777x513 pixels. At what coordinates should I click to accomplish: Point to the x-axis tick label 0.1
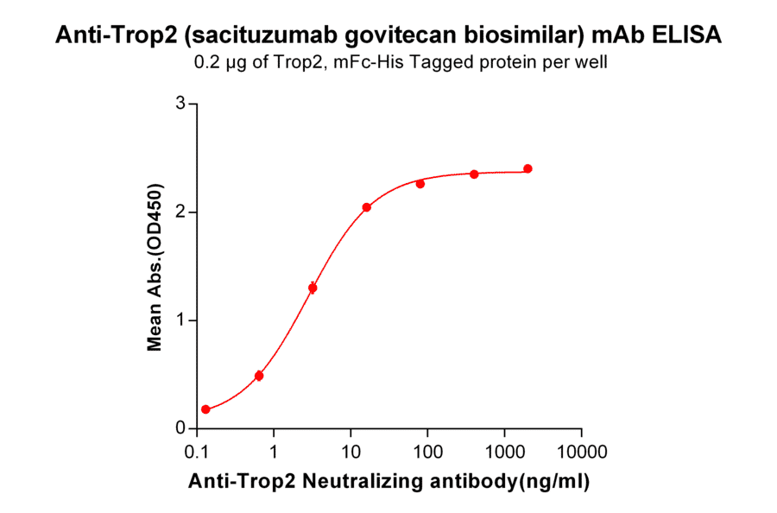198,453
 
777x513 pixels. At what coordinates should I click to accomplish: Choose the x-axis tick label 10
351,453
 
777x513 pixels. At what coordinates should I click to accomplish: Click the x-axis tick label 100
427,453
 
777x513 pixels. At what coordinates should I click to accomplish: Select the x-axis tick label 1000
504,453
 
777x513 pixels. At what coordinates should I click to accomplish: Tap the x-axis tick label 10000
581,453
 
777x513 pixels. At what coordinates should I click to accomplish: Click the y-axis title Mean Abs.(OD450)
155,267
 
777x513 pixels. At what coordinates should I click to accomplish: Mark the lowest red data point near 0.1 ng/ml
205,409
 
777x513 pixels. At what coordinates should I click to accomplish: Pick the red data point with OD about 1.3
313,288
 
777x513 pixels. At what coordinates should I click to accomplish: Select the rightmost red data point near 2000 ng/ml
527,168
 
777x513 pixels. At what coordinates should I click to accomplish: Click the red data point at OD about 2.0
366,207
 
